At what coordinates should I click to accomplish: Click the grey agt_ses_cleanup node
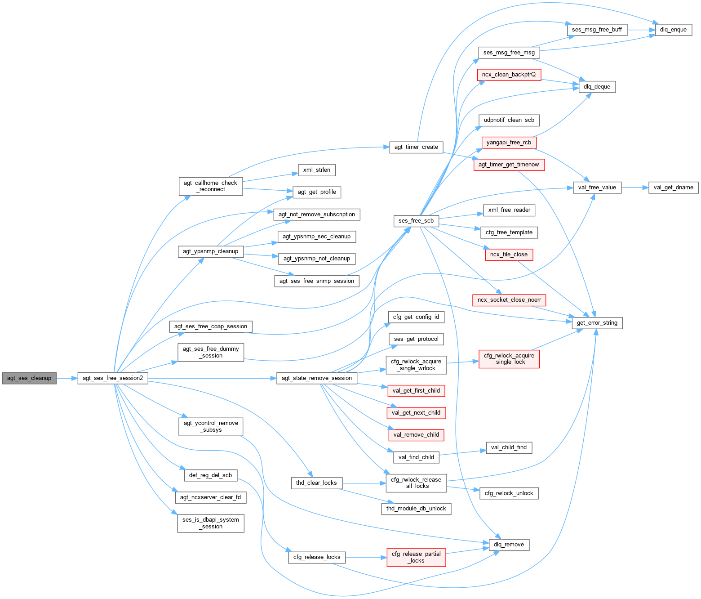pyautogui.click(x=29, y=378)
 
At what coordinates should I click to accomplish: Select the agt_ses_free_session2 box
pyautogui.click(x=113, y=378)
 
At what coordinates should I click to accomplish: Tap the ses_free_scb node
pyautogui.click(x=416, y=221)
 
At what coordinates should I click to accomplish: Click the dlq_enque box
pyautogui.click(x=673, y=30)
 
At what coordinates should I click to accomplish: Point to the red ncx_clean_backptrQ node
pyautogui.click(x=509, y=75)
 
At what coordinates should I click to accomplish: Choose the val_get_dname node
pyautogui.click(x=673, y=188)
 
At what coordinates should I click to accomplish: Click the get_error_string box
pyautogui.click(x=597, y=323)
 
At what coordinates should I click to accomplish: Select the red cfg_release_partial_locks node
pyautogui.click(x=416, y=557)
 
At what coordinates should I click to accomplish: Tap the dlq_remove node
pyautogui.click(x=509, y=545)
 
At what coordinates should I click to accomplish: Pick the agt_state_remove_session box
pyautogui.click(x=317, y=378)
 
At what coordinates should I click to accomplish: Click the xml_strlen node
pyautogui.click(x=317, y=170)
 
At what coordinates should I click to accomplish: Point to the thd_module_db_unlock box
pyautogui.click(x=416, y=509)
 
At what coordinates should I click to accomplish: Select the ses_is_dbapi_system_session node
pyautogui.click(x=211, y=523)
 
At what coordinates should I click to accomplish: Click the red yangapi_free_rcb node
pyautogui.click(x=509, y=143)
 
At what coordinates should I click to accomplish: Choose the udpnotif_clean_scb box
pyautogui.click(x=509, y=120)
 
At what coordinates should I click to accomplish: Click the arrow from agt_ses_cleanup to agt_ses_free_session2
pyautogui.click(x=67, y=378)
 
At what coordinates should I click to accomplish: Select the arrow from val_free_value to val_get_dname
pyautogui.click(x=635, y=188)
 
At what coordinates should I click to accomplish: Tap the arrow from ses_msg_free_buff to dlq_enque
pyautogui.click(x=641, y=30)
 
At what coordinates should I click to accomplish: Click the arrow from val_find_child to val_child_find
pyautogui.click(x=462, y=453)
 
